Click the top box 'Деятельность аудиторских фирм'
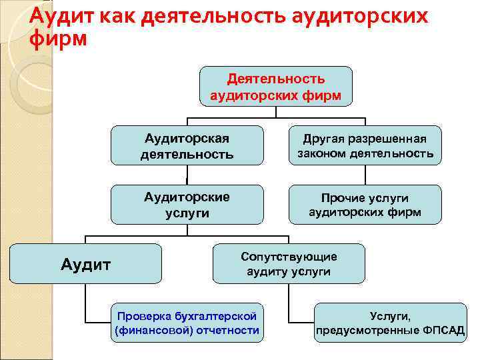pos(276,87)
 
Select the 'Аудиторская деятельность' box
pos(187,146)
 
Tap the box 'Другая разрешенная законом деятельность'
pos(365,146)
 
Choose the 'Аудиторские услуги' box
pos(187,205)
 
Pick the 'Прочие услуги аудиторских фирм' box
pos(365,205)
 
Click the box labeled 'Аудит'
pos(85,264)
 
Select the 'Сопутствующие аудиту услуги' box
pos(289,264)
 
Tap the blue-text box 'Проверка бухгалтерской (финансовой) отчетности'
pos(187,323)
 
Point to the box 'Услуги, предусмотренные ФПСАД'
pos(390,323)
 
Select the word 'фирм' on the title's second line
pos(59,39)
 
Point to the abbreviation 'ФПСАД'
pos(442,331)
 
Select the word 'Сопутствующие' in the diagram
pos(289,257)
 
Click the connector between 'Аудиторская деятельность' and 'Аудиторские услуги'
pos(187,175)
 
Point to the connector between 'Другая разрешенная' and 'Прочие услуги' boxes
pos(365,175)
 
